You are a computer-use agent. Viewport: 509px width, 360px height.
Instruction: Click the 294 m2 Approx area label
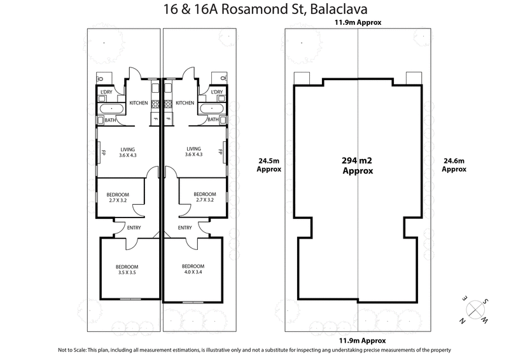coord(357,166)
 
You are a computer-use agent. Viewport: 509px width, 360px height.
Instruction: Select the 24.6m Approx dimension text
coord(454,165)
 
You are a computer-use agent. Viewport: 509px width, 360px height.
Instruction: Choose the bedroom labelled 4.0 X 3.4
coord(193,269)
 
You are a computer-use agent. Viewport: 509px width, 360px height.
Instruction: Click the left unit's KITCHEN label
coord(139,103)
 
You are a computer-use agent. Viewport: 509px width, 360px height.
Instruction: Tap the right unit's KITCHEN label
coord(185,103)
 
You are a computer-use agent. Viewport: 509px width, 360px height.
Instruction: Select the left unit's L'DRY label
coord(106,93)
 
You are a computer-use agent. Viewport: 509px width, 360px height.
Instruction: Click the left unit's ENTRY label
coord(134,228)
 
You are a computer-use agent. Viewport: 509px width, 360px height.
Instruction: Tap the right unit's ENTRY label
coord(185,228)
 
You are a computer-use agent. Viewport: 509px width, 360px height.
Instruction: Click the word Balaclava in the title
coord(340,10)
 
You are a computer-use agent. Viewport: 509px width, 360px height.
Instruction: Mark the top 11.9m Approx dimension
coord(357,23)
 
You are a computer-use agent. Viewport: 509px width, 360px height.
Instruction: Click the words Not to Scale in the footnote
coord(74,350)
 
